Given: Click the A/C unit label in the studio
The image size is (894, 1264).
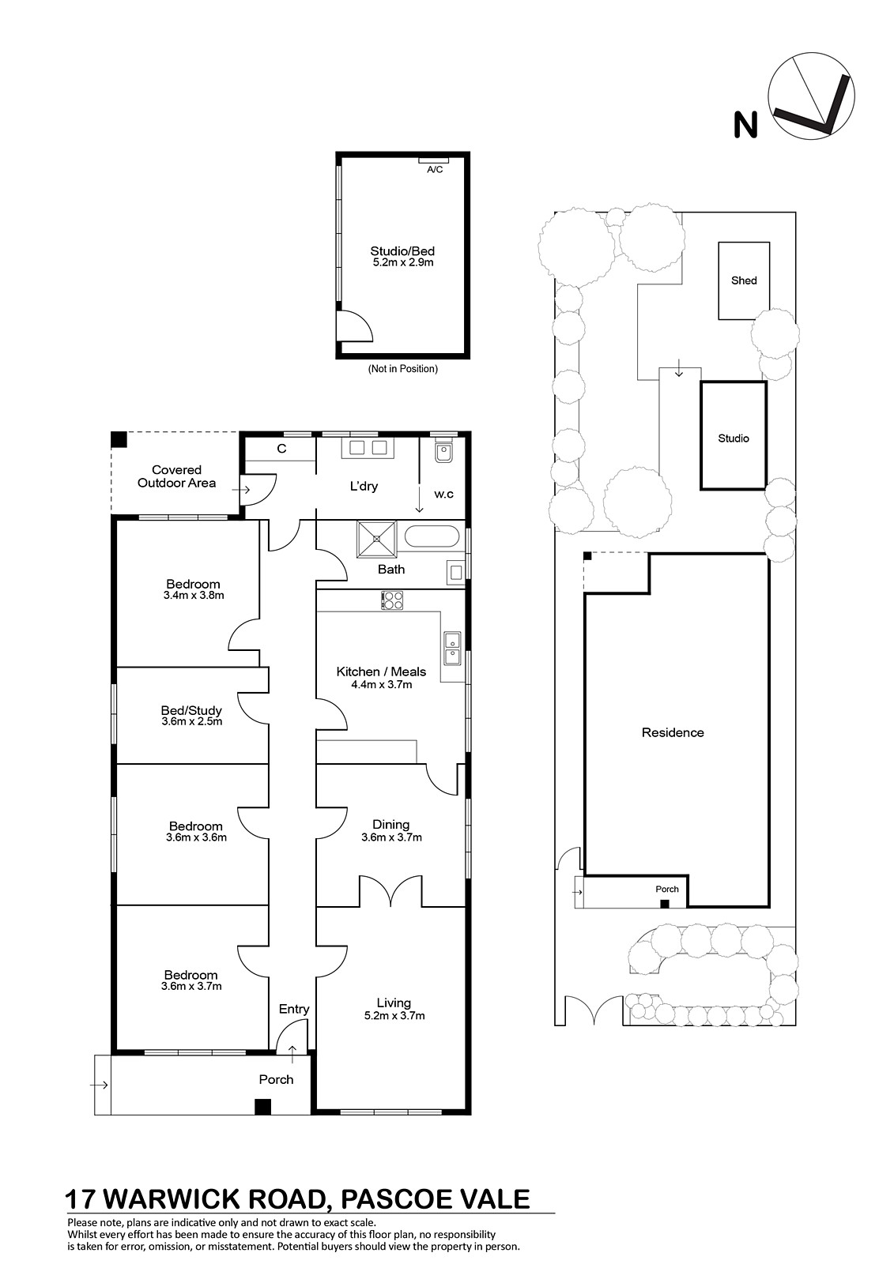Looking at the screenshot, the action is click(x=434, y=169).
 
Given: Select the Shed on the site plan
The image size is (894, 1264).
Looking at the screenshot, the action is click(x=744, y=280).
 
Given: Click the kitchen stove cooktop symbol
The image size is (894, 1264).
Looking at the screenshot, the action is click(x=392, y=600).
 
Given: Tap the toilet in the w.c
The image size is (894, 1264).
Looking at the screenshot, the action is click(x=444, y=451).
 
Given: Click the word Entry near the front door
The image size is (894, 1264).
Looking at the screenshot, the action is click(x=294, y=1009).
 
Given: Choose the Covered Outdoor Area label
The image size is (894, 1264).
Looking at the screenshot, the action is click(x=177, y=476).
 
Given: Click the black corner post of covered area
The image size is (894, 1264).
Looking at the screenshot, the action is click(x=119, y=439).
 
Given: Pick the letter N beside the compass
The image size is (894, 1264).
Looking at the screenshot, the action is click(x=745, y=126).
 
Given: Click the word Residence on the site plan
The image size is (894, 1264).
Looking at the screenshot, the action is click(x=673, y=732).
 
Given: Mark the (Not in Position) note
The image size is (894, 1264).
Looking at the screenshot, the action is click(x=402, y=368).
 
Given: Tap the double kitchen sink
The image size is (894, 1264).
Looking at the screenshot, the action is click(x=452, y=649).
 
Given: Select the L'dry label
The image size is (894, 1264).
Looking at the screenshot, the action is click(x=364, y=486).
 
